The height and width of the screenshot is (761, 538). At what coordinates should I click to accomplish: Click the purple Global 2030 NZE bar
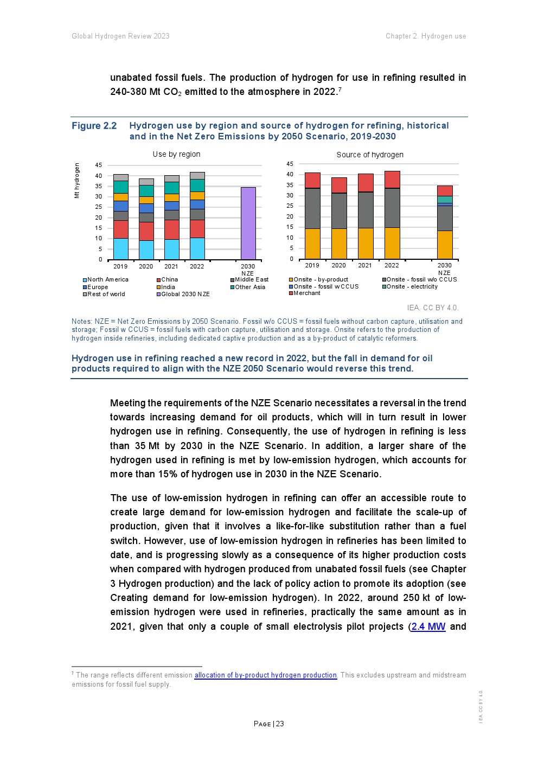[248, 223]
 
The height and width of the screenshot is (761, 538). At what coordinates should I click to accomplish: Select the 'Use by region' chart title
[176, 154]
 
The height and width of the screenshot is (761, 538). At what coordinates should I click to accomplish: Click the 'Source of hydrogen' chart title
[370, 155]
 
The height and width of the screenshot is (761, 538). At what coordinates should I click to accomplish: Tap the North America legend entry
[107, 279]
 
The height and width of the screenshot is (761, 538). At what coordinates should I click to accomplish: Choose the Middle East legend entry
[251, 279]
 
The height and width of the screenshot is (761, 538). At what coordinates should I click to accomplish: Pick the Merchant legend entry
[306, 293]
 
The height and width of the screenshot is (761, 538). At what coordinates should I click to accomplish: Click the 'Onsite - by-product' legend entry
[321, 279]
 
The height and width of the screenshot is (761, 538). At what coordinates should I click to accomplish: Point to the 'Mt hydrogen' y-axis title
[77, 181]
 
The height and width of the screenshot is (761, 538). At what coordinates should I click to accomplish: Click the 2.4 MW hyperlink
[428, 626]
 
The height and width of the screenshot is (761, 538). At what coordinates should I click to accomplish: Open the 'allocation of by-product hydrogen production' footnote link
[266, 675]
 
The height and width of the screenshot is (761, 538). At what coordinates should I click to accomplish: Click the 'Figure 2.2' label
[94, 126]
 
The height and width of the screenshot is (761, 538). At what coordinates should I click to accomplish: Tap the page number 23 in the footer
[269, 724]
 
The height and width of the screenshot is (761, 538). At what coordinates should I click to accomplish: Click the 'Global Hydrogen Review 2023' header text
[120, 36]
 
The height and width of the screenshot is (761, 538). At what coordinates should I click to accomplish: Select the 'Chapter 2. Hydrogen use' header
[426, 36]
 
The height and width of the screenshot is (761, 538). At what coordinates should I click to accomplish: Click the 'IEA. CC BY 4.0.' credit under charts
[432, 308]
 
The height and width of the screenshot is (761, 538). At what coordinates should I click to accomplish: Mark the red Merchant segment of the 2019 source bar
[312, 180]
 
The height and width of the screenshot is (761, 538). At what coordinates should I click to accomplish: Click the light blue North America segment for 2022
[197, 248]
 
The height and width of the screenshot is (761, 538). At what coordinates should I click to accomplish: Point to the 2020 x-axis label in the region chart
[146, 266]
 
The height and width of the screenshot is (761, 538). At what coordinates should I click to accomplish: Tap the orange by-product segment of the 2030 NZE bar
[445, 245]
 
